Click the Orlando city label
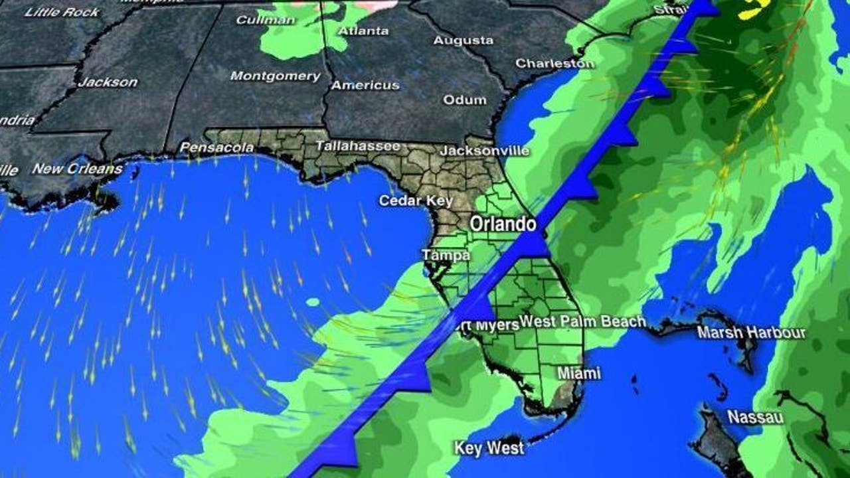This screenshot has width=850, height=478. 503,224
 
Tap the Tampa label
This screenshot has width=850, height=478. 446,256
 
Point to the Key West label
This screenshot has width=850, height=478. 489,448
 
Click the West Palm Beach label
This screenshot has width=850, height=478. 582,322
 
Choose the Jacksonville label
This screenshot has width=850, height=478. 485,151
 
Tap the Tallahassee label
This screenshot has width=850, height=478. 357,146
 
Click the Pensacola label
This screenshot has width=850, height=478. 217,147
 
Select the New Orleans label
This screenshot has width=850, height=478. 77,169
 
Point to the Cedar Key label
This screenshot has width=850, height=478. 416,200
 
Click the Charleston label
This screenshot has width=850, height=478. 555,64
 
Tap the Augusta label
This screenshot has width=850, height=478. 463,40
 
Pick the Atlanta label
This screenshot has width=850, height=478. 363,31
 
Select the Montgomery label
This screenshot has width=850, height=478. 275,76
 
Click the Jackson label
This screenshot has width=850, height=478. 108,82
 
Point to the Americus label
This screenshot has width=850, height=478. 365,85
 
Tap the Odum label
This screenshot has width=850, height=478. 465,100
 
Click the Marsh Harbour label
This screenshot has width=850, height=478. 751,333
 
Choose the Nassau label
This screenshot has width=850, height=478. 755,418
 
